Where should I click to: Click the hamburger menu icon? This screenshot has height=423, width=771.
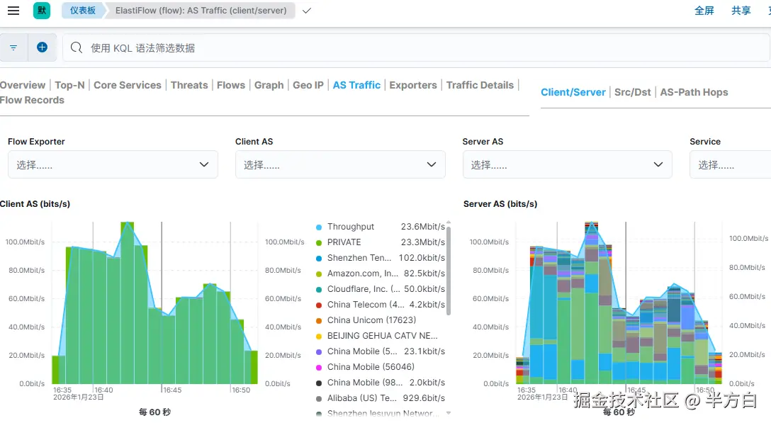point(13,11)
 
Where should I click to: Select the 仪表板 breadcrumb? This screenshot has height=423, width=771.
point(82,11)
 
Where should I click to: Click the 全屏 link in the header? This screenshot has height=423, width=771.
point(704,11)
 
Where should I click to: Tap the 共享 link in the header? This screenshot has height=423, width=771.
point(741,11)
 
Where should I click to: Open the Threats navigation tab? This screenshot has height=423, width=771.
point(189,85)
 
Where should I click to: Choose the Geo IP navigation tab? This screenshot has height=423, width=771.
point(308,85)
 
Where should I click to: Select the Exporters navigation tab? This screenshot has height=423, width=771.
point(413,85)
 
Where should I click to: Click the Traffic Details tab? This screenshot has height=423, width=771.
point(480,85)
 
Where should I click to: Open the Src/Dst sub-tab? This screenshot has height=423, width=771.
point(633,92)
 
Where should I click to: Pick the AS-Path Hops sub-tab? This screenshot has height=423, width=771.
point(694,92)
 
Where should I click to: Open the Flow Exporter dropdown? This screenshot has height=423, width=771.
point(113,164)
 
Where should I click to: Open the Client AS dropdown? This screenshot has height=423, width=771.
point(340,164)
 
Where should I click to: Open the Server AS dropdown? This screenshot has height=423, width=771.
point(567,164)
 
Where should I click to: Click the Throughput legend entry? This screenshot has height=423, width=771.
point(351,227)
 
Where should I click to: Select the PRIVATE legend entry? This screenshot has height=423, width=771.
point(344,242)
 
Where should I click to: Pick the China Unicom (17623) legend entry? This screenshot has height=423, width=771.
point(371,320)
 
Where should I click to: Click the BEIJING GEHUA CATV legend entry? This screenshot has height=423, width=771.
point(383,336)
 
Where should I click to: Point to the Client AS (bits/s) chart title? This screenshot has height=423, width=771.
point(35,204)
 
